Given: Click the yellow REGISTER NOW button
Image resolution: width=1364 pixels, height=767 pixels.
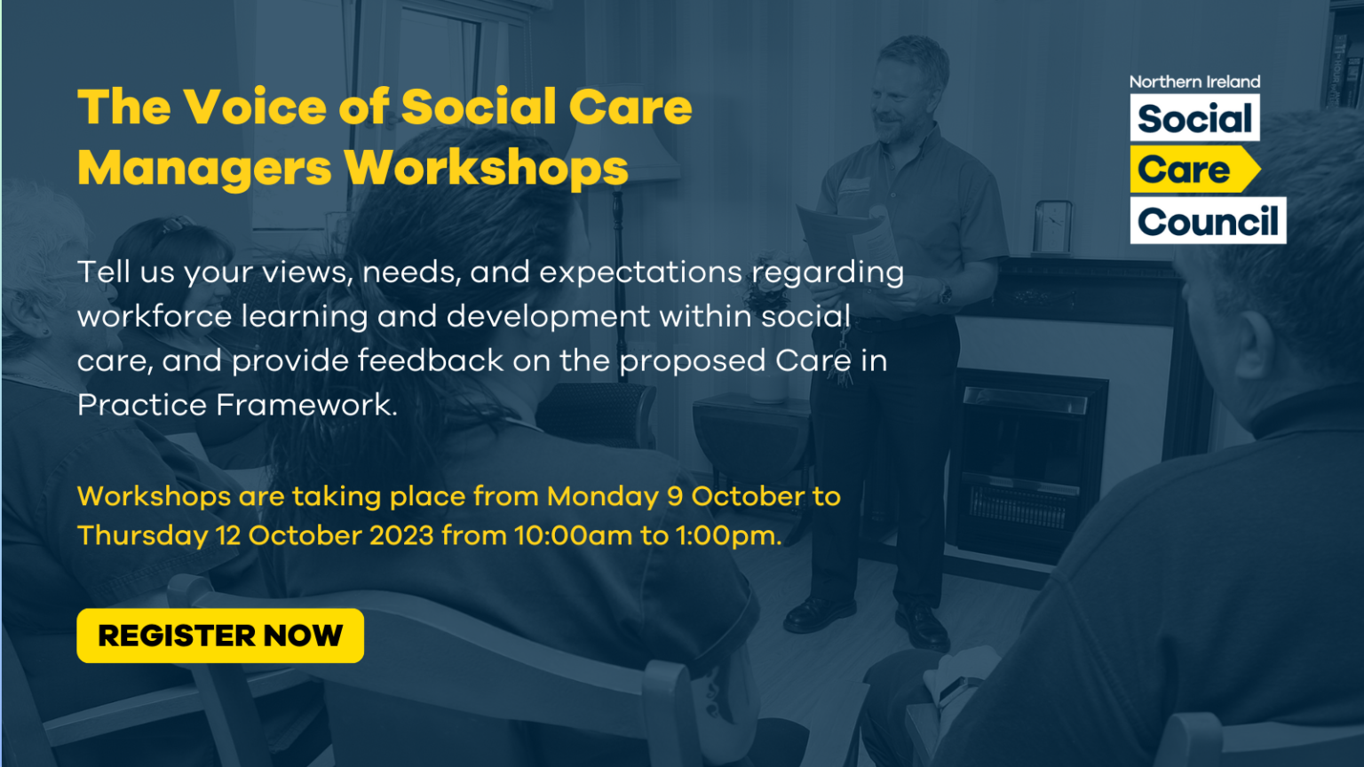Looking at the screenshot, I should point(220,636).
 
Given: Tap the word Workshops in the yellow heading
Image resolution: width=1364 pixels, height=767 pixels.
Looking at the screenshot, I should point(486,168).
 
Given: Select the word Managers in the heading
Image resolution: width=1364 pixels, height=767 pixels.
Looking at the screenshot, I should point(204,168).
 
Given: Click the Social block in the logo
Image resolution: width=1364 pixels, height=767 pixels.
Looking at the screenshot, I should point(1194,118).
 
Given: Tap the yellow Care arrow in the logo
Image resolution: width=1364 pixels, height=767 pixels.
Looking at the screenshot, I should point(1190,170).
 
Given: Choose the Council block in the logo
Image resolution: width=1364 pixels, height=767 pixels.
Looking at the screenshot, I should point(1208,222).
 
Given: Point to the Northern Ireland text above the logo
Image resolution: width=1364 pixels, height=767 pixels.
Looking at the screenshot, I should point(1194,82).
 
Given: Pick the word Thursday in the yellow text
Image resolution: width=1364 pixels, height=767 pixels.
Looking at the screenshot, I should point(142,536).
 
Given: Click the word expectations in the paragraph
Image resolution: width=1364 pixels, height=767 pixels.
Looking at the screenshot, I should point(640,273).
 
